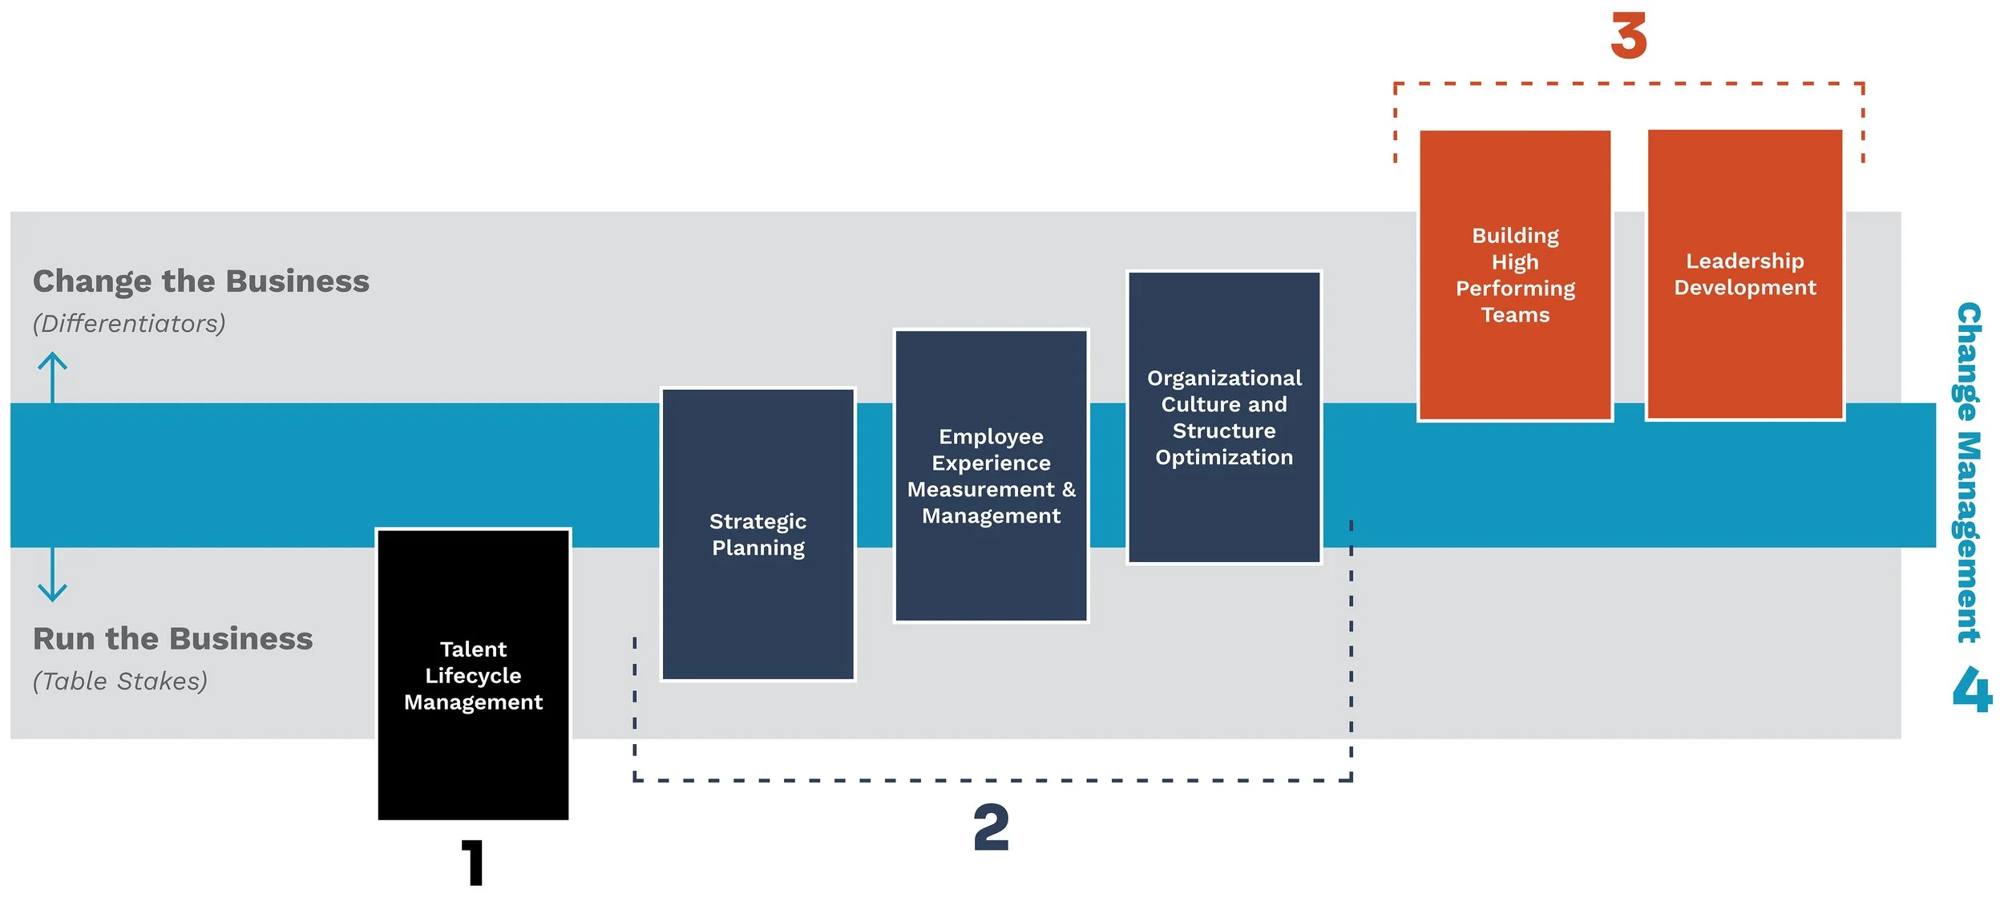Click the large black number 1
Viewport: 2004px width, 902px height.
[474, 862]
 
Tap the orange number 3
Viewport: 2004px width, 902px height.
[1628, 36]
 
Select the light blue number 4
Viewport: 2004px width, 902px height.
[1972, 690]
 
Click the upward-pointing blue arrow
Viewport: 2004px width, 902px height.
[53, 377]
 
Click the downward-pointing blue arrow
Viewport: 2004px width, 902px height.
[53, 574]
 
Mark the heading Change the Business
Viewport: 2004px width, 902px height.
[201, 281]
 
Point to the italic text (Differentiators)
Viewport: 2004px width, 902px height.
[129, 323]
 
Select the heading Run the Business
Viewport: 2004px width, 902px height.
[172, 639]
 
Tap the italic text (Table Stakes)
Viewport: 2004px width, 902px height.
[120, 681]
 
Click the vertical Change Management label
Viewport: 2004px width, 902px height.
[1969, 473]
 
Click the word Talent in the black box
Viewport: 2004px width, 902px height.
[473, 649]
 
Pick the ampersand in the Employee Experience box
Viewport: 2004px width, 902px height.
[1069, 489]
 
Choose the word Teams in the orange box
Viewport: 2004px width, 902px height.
[1515, 315]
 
